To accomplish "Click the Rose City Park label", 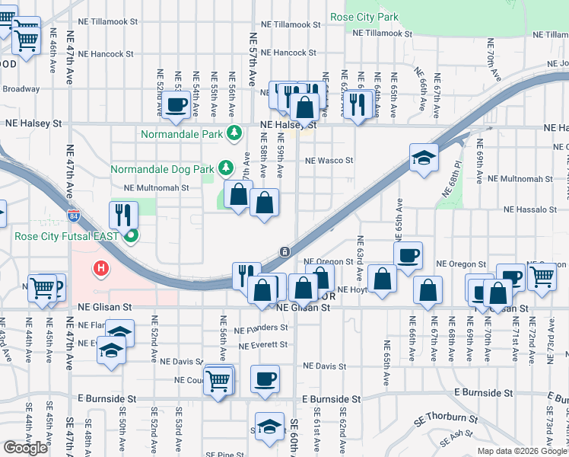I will (364, 16).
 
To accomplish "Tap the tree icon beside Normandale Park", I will (235, 134).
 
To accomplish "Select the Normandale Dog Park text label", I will (162, 168).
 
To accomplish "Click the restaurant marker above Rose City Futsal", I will (123, 215).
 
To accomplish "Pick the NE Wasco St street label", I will (329, 161).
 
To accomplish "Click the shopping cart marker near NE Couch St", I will (218, 379).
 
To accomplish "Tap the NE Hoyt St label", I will (353, 289).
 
